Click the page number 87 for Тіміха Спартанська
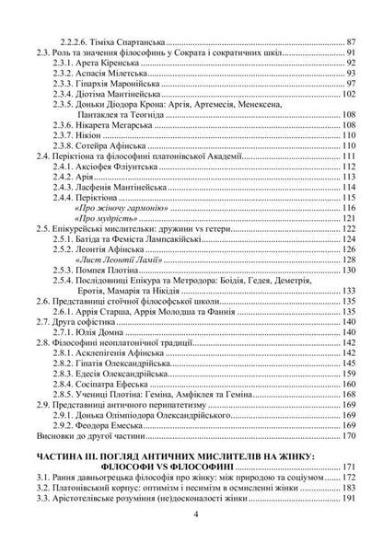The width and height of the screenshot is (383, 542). coord(350,42)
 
